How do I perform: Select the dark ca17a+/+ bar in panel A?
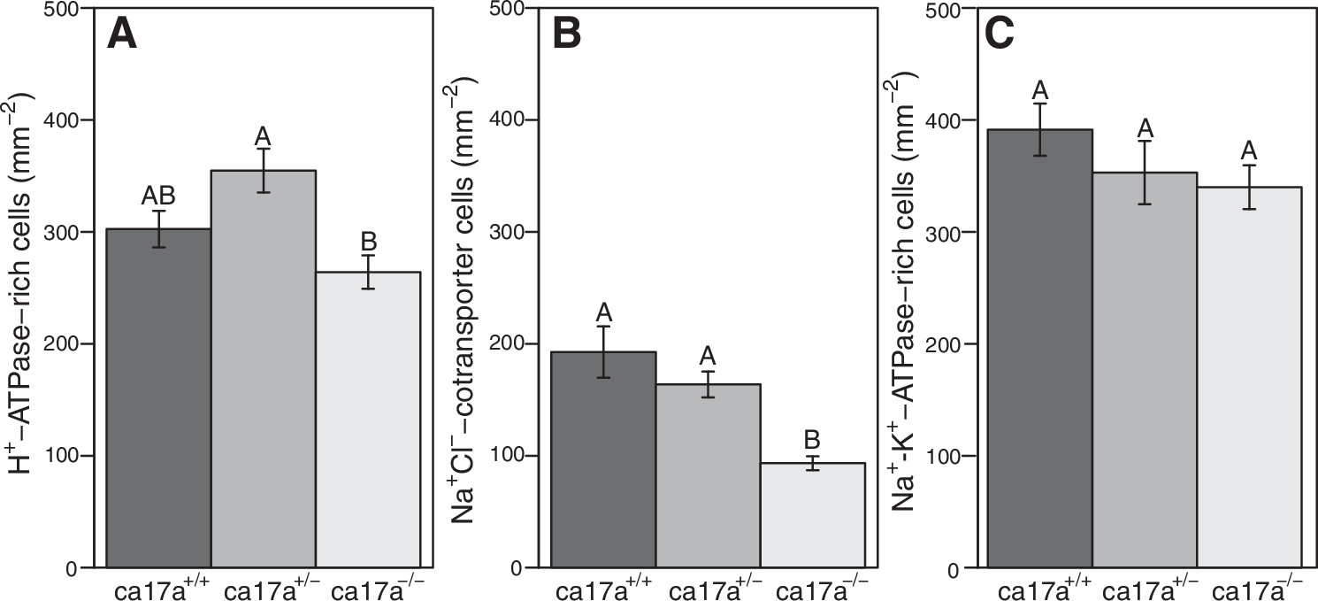(158, 398)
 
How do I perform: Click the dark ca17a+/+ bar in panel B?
(603, 459)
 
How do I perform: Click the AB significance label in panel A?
(159, 196)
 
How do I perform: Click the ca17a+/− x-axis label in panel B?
(708, 587)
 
